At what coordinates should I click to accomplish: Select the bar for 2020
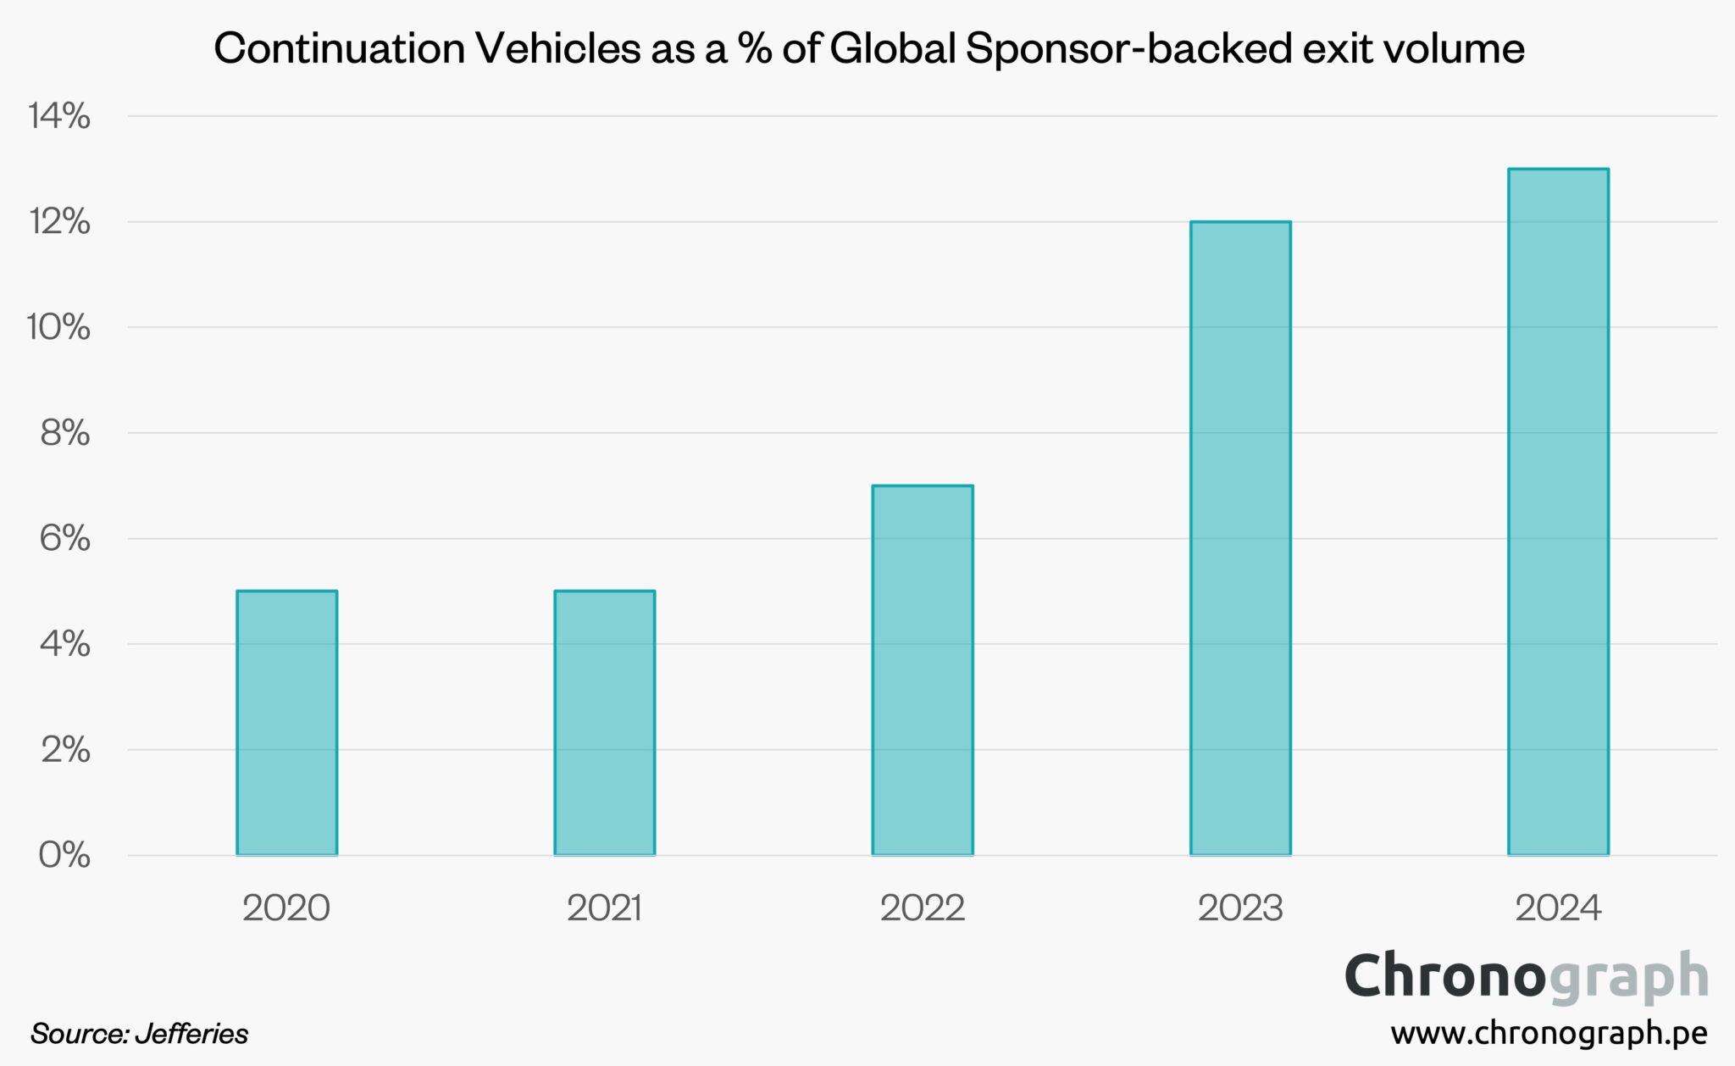[x=286, y=723]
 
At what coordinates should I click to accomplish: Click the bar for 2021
[x=604, y=723]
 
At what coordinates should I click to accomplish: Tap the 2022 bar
[x=923, y=670]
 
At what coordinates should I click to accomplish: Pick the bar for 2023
[x=1240, y=538]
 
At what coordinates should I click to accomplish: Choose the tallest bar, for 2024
[x=1558, y=512]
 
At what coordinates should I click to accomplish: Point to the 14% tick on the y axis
[x=59, y=116]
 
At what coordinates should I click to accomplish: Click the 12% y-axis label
[x=59, y=222]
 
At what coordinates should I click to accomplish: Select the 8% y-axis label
[x=64, y=433]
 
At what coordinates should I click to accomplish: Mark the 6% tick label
[x=64, y=538]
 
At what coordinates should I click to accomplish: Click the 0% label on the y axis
[x=64, y=855]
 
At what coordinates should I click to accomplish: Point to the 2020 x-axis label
[x=286, y=908]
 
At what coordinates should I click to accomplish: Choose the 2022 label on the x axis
[x=923, y=908]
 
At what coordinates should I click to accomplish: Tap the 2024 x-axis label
[x=1558, y=908]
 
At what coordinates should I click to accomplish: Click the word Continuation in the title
[x=340, y=48]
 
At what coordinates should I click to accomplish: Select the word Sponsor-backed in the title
[x=1128, y=48]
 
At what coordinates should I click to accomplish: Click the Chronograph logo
[x=1526, y=977]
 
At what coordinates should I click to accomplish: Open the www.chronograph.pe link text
[x=1549, y=1033]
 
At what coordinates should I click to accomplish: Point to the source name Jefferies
[x=191, y=1034]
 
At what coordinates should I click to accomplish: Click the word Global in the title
[x=891, y=48]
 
